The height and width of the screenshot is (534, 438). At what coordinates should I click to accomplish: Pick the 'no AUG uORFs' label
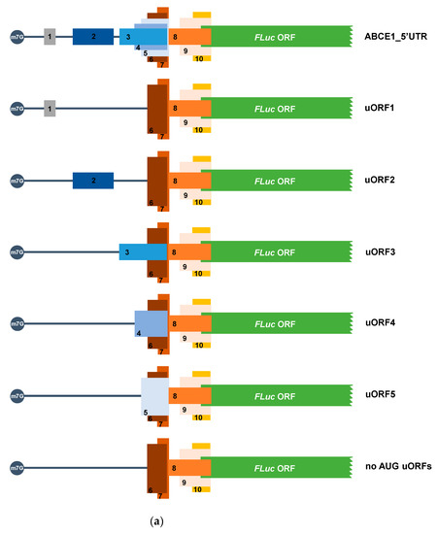(x=396, y=467)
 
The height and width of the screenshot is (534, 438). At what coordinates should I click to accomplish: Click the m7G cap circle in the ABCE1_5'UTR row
(x=16, y=37)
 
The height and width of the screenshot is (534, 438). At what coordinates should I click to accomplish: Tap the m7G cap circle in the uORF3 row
(x=16, y=252)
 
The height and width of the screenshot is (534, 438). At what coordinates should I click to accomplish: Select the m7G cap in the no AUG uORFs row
(x=16, y=467)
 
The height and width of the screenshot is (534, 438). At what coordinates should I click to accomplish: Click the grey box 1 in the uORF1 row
(x=50, y=109)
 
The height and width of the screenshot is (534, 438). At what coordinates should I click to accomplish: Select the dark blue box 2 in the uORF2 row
(x=93, y=181)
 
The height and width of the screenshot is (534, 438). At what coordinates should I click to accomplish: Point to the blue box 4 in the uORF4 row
(x=152, y=321)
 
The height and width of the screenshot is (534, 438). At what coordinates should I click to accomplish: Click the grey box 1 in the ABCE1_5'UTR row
(x=50, y=37)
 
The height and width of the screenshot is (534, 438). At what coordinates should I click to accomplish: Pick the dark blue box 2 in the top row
(x=93, y=37)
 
